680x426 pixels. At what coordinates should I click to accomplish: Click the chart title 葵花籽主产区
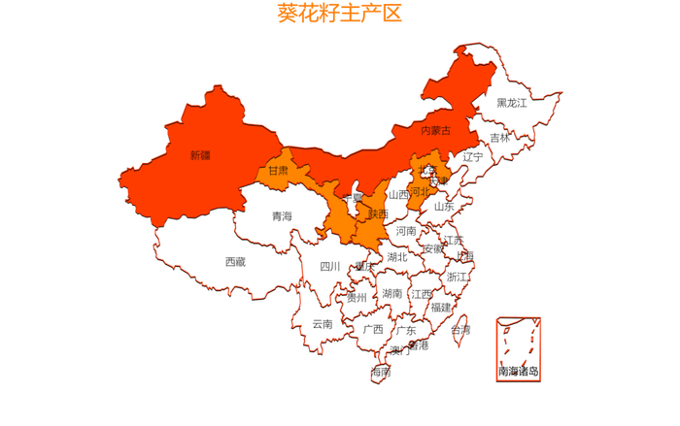tap(339, 14)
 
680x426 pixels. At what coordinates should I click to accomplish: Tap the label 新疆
tap(200, 155)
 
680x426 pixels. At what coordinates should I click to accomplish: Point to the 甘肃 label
tap(277, 171)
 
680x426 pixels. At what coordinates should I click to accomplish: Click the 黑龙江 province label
tap(512, 103)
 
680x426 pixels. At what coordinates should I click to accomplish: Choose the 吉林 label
tap(499, 138)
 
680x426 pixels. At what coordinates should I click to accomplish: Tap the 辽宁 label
tap(472, 156)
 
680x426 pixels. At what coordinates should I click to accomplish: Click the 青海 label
tap(282, 216)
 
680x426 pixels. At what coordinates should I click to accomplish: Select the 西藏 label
tap(235, 262)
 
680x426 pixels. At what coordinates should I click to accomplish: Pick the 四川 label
tap(330, 267)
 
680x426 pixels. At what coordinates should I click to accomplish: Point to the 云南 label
tap(323, 324)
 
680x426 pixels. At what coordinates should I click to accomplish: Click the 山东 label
tap(444, 206)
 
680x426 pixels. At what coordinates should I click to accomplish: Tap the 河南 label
tap(406, 231)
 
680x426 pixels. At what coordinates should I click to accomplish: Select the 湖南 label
tap(392, 293)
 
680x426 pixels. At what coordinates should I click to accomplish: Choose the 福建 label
tap(441, 308)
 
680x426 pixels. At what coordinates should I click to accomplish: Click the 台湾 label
tap(460, 331)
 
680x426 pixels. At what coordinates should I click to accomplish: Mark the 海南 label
tap(380, 372)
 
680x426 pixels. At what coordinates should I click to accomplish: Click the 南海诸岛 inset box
tap(518, 347)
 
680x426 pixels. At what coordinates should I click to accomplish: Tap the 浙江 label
tap(457, 278)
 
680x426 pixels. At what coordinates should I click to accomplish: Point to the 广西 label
tap(373, 329)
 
